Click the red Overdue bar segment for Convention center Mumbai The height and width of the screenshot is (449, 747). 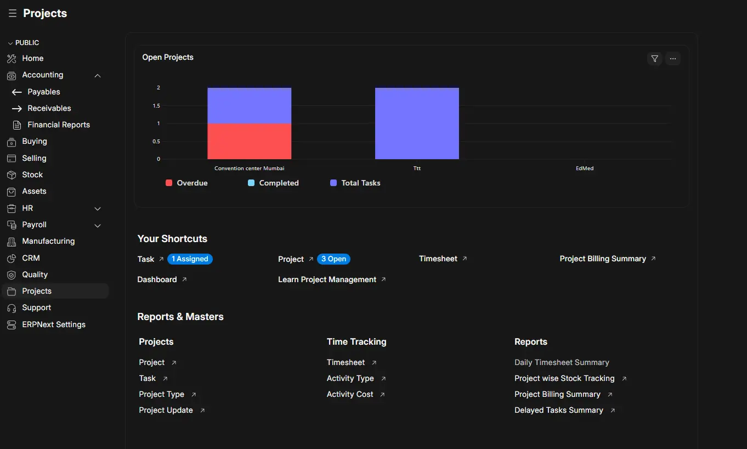point(249,141)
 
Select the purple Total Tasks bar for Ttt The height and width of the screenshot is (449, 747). point(417,124)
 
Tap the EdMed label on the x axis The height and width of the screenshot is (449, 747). point(585,169)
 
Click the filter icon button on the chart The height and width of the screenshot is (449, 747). point(654,59)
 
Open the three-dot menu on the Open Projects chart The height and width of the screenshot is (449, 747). point(673,59)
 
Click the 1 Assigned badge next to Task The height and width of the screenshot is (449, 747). point(190,259)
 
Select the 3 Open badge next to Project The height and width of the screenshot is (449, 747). point(333,259)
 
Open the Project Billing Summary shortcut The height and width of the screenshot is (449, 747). point(603,259)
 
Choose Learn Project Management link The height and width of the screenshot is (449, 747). point(327,279)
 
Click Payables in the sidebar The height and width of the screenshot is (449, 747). point(44,92)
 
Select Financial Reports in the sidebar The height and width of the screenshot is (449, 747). point(59,125)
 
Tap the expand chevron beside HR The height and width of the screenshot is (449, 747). point(98,209)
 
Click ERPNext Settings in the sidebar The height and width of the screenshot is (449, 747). point(54,324)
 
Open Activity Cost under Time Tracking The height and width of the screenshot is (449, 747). point(350,394)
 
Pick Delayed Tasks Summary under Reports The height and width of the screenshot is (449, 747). point(559,410)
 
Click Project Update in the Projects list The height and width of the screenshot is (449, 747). point(166,410)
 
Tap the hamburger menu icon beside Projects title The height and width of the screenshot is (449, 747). point(13,13)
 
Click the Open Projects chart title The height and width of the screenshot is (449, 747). point(168,57)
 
